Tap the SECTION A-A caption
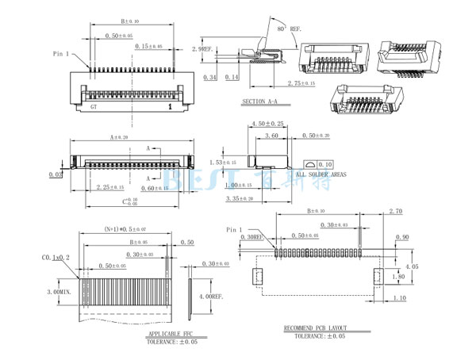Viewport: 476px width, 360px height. pos(260,102)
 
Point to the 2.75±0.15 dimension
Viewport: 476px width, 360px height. pos(301,82)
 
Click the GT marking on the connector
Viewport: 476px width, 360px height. pos(94,105)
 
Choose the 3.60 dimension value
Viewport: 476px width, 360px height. pos(271,136)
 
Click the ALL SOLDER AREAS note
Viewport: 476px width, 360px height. pos(321,173)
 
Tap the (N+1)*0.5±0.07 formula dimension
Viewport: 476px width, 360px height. pos(125,229)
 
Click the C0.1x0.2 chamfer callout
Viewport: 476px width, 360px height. pos(56,258)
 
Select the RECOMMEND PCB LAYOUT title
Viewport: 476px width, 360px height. pos(320,327)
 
